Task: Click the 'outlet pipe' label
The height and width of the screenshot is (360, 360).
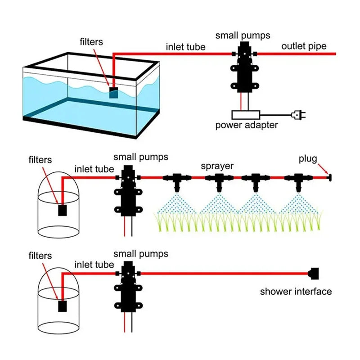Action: [x=304, y=46]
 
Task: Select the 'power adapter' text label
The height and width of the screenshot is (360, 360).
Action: [x=246, y=125]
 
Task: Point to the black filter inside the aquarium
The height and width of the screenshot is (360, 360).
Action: [x=114, y=92]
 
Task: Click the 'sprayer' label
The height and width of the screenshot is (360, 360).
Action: [x=217, y=166]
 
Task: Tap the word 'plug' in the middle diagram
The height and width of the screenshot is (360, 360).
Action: [x=308, y=159]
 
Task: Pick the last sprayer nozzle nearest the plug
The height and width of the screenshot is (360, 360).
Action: [x=298, y=180]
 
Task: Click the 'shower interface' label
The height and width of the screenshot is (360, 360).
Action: [x=296, y=292]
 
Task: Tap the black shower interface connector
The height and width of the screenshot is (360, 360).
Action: [x=314, y=273]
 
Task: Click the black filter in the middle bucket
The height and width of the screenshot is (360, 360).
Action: [x=63, y=209]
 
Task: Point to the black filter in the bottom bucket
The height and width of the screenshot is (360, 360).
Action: [x=63, y=306]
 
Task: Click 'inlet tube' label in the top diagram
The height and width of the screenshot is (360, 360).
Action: [x=185, y=47]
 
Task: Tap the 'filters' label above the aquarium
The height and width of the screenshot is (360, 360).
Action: [x=91, y=42]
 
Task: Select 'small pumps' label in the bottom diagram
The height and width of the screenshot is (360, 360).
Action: [x=141, y=254]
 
